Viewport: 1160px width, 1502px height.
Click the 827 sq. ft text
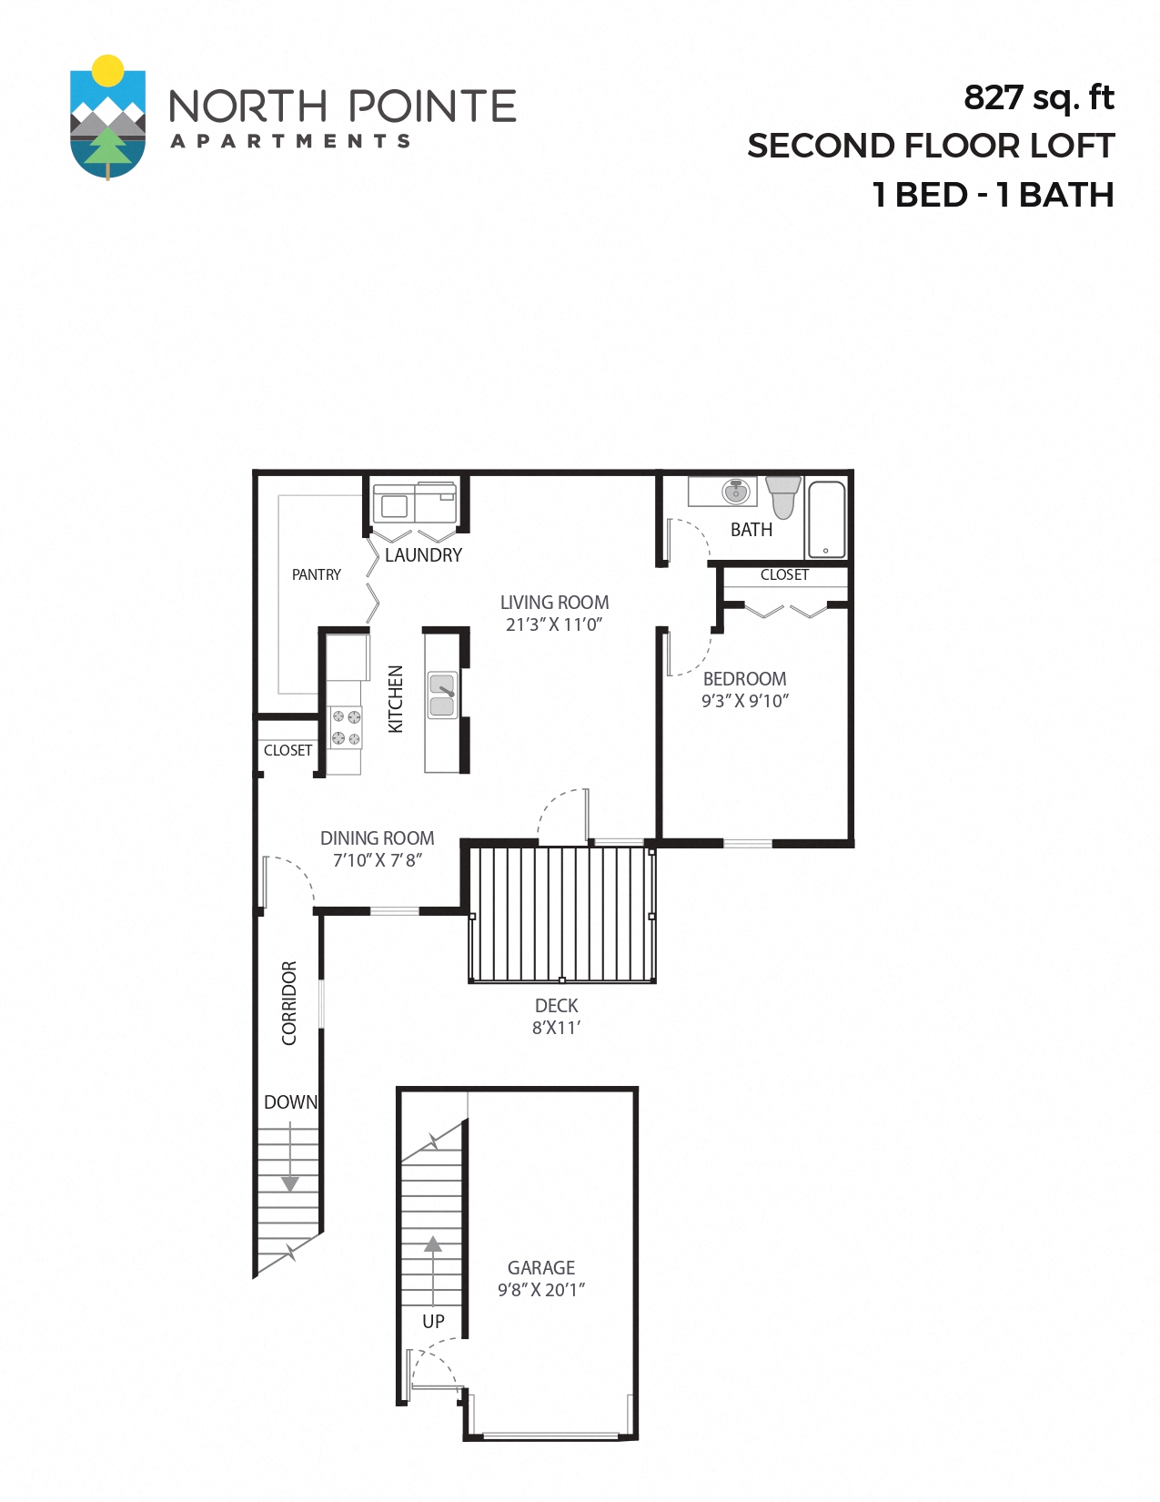coord(1038,97)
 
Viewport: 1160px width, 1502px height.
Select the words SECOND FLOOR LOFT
coord(930,147)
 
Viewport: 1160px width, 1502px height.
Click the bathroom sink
coord(735,492)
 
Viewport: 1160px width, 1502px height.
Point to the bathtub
coord(826,520)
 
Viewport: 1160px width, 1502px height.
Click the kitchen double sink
coord(442,695)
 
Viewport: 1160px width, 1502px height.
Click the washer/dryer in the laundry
coord(414,503)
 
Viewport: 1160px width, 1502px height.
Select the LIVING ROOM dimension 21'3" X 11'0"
coord(554,624)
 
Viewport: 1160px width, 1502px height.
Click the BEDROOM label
coord(744,679)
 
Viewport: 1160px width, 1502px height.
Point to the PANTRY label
coord(316,574)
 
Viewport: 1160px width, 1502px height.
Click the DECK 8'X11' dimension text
coord(556,1028)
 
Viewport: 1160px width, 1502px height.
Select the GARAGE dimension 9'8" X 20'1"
coord(541,1290)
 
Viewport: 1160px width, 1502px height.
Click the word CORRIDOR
coord(289,1003)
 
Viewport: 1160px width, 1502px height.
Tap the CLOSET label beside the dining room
coord(287,750)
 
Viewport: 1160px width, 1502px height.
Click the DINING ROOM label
coord(377,838)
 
